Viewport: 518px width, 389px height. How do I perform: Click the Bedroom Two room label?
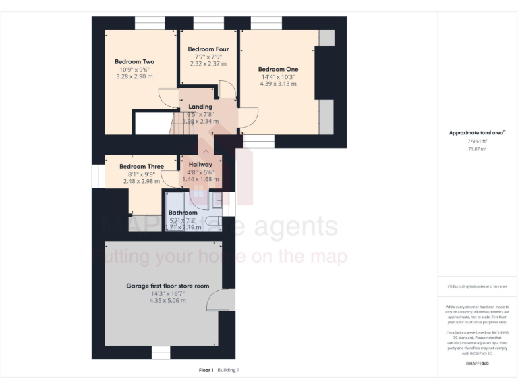click(x=134, y=62)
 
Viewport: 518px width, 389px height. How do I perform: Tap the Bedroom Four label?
click(x=208, y=49)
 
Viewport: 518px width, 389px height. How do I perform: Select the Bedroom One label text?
click(x=278, y=69)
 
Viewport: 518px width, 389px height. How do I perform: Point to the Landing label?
click(x=200, y=107)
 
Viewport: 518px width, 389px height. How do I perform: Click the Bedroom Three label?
click(x=142, y=166)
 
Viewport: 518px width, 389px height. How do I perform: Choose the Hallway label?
click(x=200, y=164)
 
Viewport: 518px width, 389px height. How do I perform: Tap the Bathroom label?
click(x=183, y=213)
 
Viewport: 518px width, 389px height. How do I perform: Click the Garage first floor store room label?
click(x=168, y=286)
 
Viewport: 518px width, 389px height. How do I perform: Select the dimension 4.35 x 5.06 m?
click(x=168, y=301)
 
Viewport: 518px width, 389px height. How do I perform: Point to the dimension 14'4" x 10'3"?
click(x=278, y=77)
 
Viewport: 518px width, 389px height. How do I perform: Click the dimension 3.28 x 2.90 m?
click(x=134, y=77)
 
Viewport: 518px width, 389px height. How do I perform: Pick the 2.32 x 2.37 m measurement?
click(x=208, y=63)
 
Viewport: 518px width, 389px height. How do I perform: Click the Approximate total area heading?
click(x=476, y=133)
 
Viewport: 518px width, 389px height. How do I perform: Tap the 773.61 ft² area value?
click(x=476, y=142)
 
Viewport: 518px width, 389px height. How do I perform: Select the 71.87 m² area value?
click(x=476, y=149)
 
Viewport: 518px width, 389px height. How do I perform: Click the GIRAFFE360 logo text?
click(x=476, y=364)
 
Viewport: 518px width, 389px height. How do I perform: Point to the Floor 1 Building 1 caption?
click(x=219, y=370)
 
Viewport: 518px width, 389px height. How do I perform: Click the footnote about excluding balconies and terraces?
click(x=476, y=286)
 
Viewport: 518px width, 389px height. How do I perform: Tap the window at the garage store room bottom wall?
click(x=161, y=352)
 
